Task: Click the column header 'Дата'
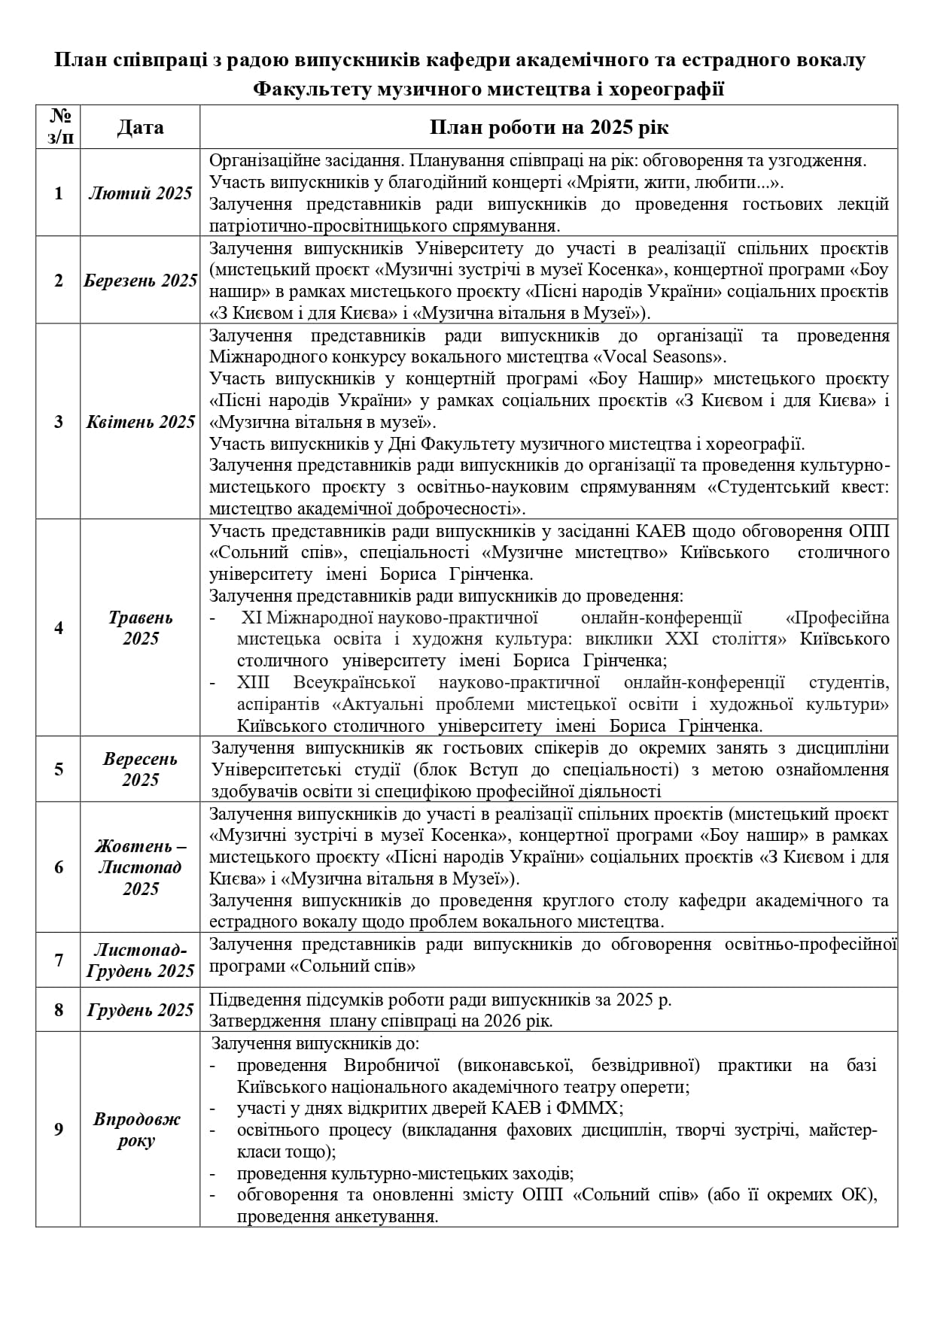pos(140,127)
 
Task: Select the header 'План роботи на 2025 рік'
pos(549,127)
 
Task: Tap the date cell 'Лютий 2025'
pos(140,193)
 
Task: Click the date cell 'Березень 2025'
pos(140,281)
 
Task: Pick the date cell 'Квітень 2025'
pos(140,422)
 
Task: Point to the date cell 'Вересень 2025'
pos(140,769)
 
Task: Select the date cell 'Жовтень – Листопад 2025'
pos(140,868)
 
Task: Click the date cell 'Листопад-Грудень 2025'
pos(140,960)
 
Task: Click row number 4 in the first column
pos(59,628)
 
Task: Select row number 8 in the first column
pos(59,1010)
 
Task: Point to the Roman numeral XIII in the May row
pos(253,683)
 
